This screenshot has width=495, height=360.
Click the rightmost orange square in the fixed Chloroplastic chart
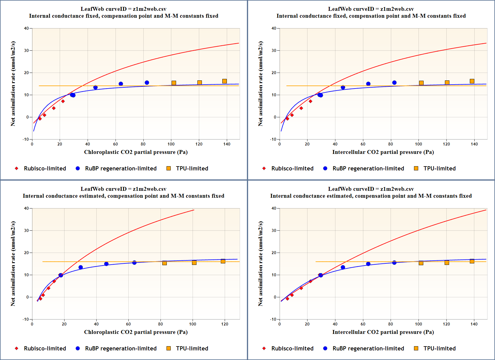(224, 81)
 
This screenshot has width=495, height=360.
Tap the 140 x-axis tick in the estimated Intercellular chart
(474, 324)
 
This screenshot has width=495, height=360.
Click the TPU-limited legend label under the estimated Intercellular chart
(439, 348)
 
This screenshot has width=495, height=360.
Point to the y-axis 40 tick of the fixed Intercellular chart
(274, 28)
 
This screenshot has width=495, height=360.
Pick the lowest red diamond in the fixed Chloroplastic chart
(40, 119)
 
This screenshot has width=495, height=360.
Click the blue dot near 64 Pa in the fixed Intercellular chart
(368, 84)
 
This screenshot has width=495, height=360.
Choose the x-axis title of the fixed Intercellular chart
(383, 152)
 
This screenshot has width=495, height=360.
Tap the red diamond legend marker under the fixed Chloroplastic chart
(16, 168)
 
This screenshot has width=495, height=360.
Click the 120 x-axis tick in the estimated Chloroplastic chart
(225, 324)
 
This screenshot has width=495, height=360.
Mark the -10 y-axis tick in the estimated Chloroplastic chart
(26, 319)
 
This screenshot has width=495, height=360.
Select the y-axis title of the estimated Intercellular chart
(260, 264)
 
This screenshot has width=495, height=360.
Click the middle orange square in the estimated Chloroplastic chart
(194, 263)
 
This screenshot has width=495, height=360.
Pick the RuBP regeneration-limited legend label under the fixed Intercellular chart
(368, 168)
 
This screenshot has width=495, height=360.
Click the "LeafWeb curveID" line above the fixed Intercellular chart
(371, 9)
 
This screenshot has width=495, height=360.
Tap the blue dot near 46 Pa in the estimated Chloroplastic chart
(106, 264)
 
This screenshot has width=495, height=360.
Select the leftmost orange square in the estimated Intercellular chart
(421, 263)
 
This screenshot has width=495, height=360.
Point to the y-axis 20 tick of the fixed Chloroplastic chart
(26, 73)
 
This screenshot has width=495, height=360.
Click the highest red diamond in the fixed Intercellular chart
(310, 101)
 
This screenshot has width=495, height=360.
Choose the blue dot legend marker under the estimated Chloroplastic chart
(78, 348)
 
